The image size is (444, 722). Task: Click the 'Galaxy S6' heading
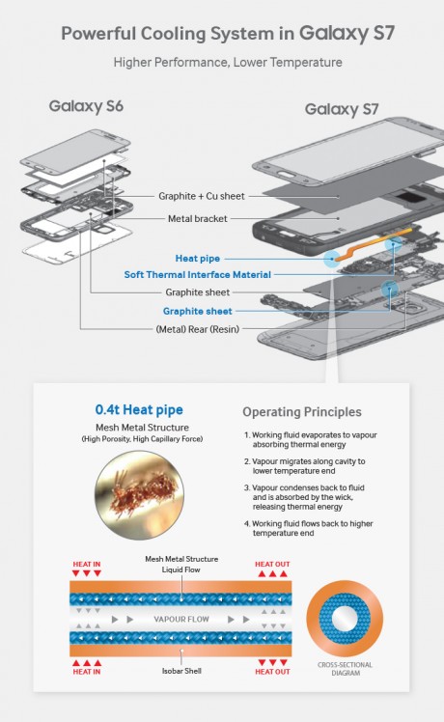click(x=86, y=104)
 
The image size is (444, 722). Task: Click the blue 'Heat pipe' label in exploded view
click(x=200, y=258)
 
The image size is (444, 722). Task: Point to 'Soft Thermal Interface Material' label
click(x=197, y=274)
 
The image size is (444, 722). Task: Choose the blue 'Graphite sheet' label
click(x=197, y=311)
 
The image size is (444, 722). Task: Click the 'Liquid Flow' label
click(x=181, y=569)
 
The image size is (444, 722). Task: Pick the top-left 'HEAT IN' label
click(x=88, y=564)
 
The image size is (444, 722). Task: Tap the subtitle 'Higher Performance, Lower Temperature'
click(x=227, y=62)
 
